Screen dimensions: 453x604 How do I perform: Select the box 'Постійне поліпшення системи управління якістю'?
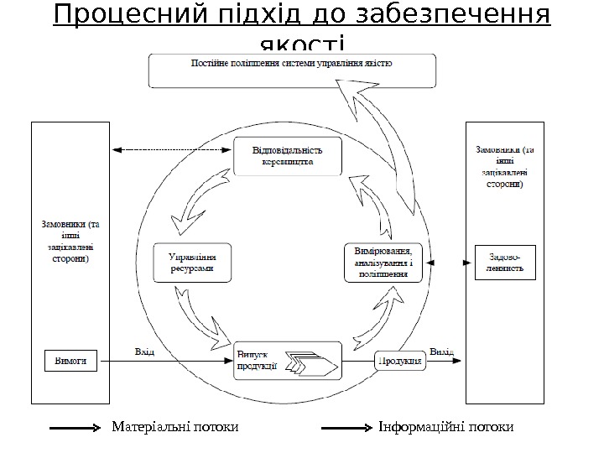coord(292,70)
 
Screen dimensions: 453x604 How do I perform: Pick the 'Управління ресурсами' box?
coord(190,263)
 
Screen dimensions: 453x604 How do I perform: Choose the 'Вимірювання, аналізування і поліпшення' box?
coord(382,262)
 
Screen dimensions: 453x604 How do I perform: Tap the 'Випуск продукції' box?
coord(288,362)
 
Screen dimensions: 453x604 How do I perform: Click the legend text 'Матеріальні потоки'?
coord(175,428)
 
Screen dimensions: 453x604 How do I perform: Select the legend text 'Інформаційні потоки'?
coord(445,428)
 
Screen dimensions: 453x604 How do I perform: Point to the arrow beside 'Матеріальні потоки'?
coord(76,429)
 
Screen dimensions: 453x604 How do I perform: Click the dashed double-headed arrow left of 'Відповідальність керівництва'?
coord(171,150)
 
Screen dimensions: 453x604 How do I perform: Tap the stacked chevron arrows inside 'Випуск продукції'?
coord(312,365)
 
